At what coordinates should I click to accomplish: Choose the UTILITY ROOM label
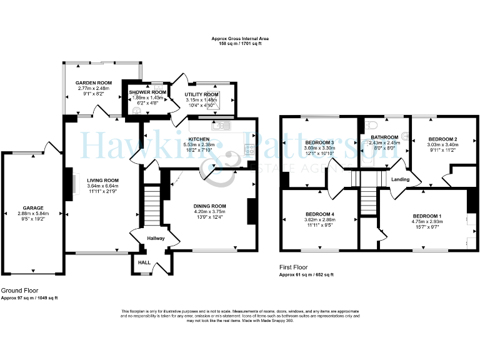[x=201, y=94]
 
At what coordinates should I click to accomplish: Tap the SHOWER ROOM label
[x=147, y=92]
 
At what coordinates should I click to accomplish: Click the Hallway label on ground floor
[x=156, y=238]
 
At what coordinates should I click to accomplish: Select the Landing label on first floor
[x=400, y=180]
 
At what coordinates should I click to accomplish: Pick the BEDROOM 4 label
[x=319, y=214]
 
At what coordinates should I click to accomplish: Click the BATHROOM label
[x=384, y=137]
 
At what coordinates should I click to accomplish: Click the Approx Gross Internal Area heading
[x=240, y=39]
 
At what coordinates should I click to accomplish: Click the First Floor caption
[x=294, y=267]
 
